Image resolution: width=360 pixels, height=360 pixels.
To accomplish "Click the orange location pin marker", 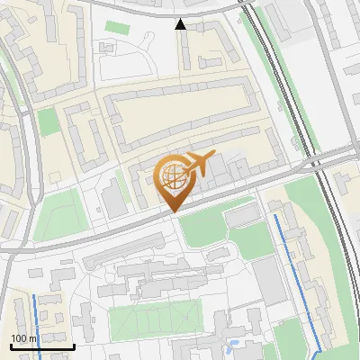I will tap(172, 184).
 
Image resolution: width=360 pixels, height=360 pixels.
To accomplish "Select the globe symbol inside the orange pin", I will tap(172, 175).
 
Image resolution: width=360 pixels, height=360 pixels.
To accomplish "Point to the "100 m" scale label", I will tap(24, 337).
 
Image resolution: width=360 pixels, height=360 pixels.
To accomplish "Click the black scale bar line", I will tap(42, 346).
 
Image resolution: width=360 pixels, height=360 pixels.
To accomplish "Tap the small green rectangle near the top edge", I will tap(117, 27).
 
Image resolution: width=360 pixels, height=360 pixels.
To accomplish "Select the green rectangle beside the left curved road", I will tap(48, 121).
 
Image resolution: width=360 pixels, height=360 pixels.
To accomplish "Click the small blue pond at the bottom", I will tap(233, 345).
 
